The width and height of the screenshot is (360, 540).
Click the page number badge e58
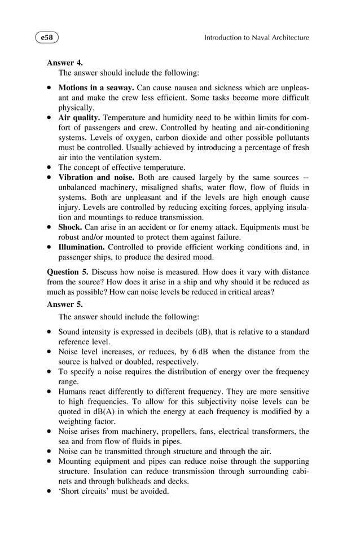click(47, 38)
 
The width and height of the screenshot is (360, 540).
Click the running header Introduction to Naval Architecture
click(256, 38)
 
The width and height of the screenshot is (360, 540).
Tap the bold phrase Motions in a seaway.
click(96, 88)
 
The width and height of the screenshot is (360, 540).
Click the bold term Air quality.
click(80, 118)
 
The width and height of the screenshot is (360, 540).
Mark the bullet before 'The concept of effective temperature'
click(50, 168)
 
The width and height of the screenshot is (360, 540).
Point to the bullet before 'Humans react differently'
click(50, 392)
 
